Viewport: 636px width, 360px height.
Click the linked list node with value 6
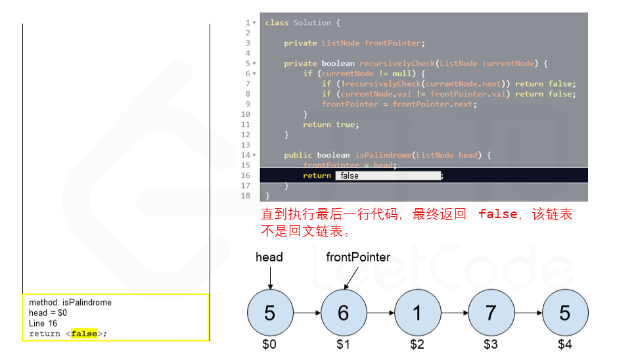pos(344,313)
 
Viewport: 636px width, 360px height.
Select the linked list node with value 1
pos(417,313)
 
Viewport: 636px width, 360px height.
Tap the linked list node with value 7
pos(491,313)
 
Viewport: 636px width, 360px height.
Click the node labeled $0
pos(269,313)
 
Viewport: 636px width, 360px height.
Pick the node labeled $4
pos(565,313)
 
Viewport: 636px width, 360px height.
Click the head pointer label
pos(269,257)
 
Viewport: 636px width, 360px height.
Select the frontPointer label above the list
pos(358,257)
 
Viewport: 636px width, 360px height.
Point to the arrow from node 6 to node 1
pos(380,313)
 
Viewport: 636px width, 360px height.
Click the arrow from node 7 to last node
pos(528,313)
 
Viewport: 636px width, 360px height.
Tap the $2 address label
pos(417,344)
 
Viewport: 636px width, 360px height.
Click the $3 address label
pos(491,344)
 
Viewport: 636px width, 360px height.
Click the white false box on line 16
pos(388,176)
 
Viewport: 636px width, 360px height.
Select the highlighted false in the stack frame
pos(83,334)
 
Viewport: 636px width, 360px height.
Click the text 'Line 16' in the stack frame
pos(43,323)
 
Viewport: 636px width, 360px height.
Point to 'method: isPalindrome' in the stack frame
pos(70,303)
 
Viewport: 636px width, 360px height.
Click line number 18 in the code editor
pos(246,196)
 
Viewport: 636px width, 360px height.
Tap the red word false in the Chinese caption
pos(497,214)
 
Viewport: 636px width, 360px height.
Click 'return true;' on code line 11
pos(330,124)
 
